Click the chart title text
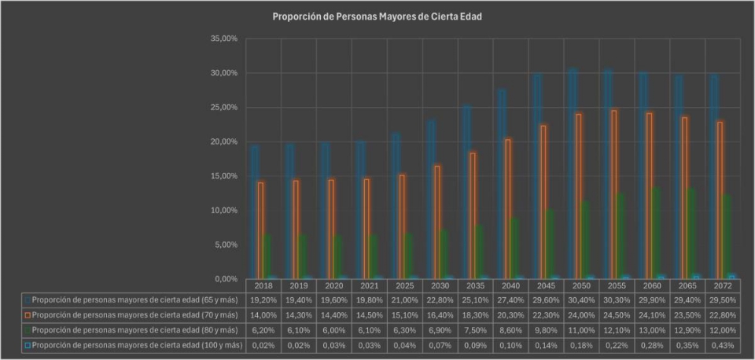coord(377,16)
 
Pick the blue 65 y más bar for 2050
coord(572,173)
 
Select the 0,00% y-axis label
coord(225,279)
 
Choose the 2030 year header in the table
coord(440,286)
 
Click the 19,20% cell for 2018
coord(263,300)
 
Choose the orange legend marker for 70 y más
coord(28,315)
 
